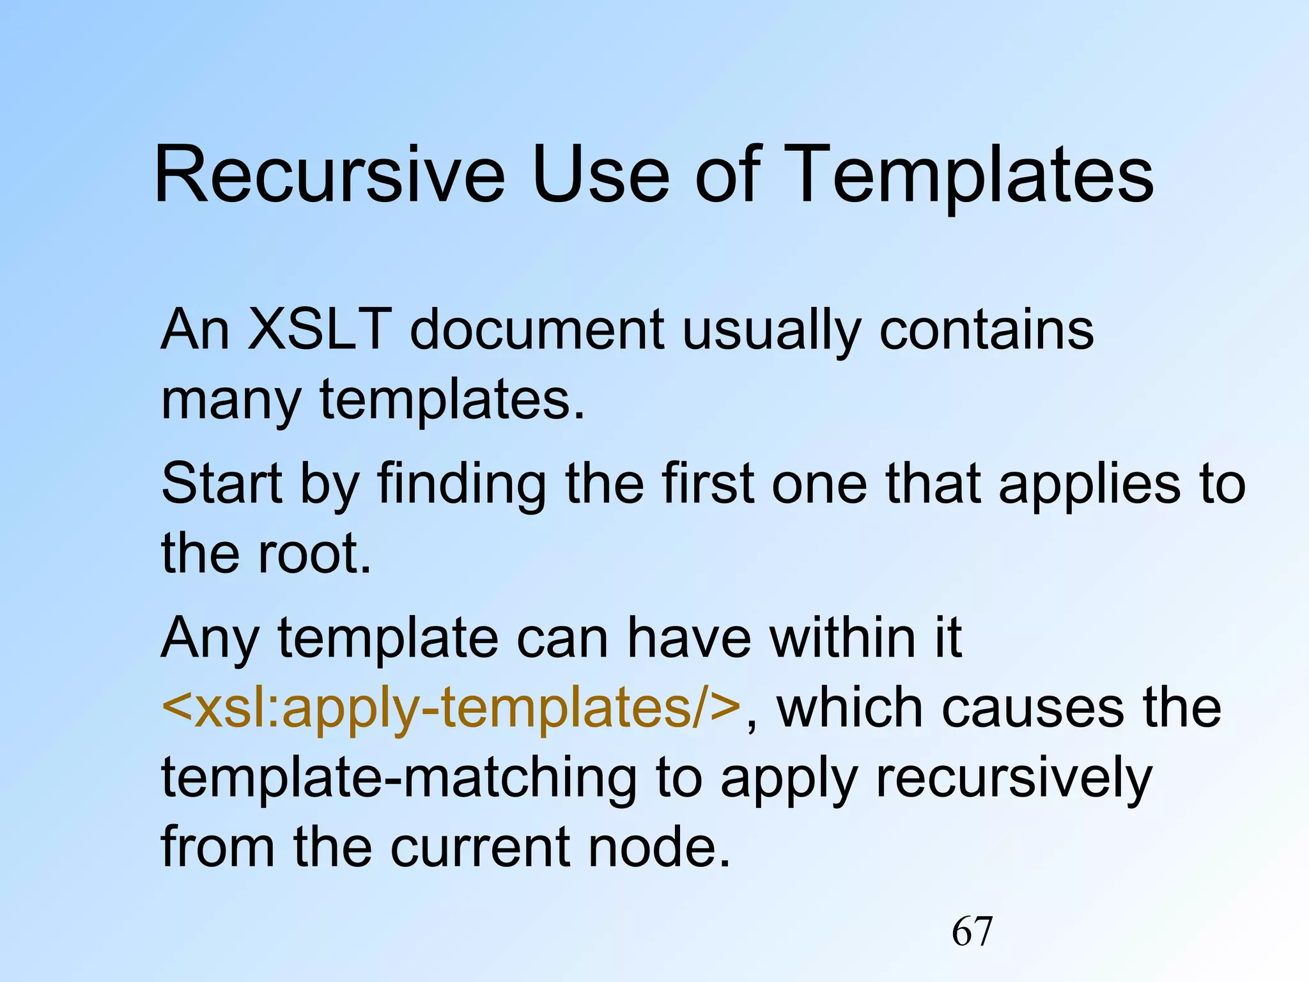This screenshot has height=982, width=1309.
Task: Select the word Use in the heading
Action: pos(601,175)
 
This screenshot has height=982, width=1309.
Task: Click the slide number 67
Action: pos(972,931)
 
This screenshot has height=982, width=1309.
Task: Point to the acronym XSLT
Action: pos(319,330)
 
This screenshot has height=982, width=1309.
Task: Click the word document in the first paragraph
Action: pos(537,330)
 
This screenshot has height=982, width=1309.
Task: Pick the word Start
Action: pos(221,483)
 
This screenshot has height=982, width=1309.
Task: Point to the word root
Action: pos(313,554)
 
